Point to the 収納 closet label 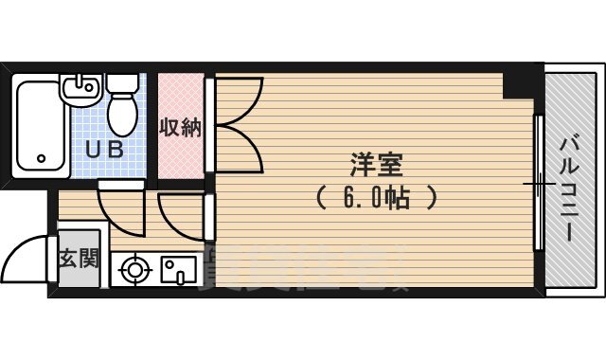(180, 127)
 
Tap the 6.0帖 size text (376, 199)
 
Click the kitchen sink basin (177, 271)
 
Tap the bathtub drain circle (41, 159)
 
